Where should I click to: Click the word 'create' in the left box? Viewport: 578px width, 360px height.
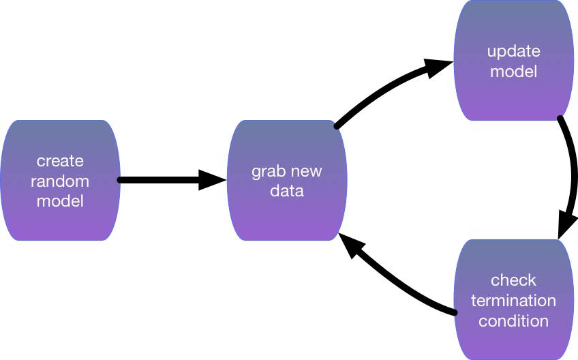tap(60, 161)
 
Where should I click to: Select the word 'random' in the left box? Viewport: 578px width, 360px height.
tap(60, 181)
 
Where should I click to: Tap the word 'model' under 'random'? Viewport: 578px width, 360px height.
tap(60, 201)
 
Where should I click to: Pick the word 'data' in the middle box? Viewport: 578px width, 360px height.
tap(287, 191)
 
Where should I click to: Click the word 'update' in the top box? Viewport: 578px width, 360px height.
tap(514, 52)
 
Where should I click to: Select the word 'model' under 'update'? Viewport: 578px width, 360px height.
tap(514, 71)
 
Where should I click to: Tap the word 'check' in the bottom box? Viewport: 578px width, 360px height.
tap(513, 280)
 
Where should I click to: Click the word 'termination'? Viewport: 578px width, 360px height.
tap(513, 300)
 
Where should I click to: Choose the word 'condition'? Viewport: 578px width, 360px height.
tap(513, 321)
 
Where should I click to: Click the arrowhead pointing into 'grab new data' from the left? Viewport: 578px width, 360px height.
tap(213, 180)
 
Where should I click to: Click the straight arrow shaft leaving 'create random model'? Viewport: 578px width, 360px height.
tap(159, 180)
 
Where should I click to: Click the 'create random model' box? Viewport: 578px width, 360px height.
tap(60, 181)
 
